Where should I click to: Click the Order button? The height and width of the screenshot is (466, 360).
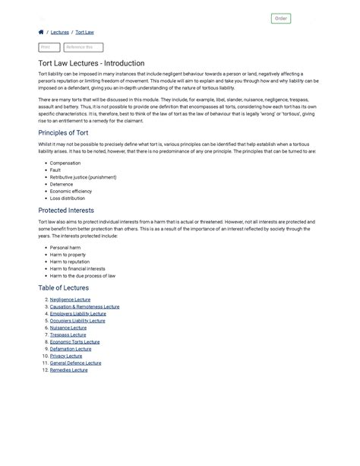tap(280, 18)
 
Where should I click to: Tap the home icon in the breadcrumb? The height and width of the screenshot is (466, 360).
tap(41, 33)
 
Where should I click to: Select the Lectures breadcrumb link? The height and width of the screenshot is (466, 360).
tap(59, 33)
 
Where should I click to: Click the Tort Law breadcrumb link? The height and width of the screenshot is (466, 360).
tap(84, 33)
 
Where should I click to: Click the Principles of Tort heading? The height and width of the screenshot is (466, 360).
tap(68, 132)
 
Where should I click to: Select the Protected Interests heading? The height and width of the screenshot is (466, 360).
tap(66, 210)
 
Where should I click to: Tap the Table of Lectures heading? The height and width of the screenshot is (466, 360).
tap(63, 287)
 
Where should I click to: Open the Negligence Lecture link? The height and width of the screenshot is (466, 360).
tap(70, 300)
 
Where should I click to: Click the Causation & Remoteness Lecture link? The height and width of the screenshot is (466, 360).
tap(84, 306)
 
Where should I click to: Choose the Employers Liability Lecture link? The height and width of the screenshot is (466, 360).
tap(77, 313)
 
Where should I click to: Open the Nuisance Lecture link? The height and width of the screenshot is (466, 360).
tap(68, 328)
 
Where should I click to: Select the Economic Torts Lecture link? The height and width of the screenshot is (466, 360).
tap(74, 342)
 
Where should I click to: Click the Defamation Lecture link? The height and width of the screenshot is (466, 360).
tap(71, 349)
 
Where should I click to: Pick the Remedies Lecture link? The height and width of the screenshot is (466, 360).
tap(69, 370)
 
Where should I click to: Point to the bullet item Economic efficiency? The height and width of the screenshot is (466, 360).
tap(71, 191)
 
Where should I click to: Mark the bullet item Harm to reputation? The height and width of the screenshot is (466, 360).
tap(69, 262)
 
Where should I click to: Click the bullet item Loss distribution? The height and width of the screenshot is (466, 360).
tap(68, 198)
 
